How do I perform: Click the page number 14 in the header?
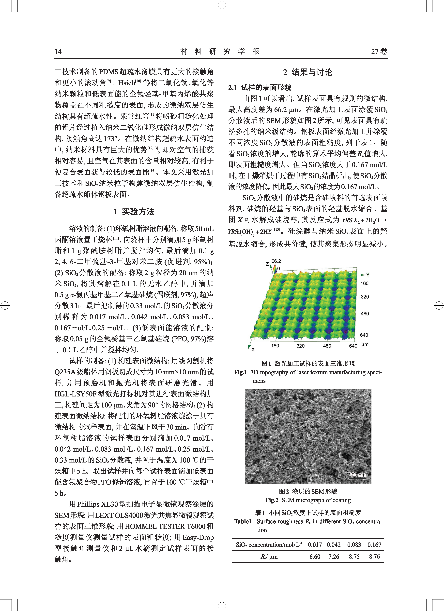58,52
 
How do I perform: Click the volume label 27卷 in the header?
379,52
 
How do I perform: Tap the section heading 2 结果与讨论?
307,72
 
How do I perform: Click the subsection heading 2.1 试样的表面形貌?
260,88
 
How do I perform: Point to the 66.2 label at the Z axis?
276,261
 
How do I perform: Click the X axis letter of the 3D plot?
253,349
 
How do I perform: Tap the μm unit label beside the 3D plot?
365,345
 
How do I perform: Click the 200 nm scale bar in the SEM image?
357,475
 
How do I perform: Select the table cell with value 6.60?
315,557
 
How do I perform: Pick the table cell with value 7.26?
334,557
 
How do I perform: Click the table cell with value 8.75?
354,557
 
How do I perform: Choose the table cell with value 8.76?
374,557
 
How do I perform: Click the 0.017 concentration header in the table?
315,545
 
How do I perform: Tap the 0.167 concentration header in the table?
374,545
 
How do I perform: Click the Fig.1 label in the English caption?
241,372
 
